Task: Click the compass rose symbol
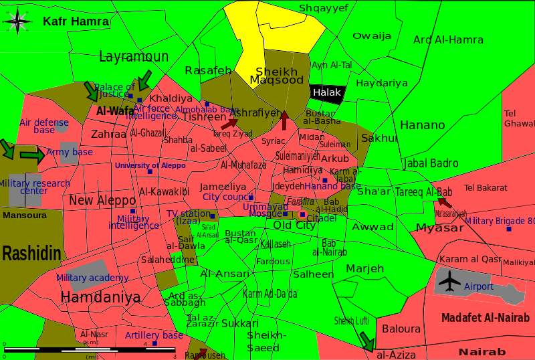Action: [18, 22]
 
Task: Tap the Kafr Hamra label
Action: [76, 21]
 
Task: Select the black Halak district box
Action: [327, 93]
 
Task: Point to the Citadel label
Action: [322, 218]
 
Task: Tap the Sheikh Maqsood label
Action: [276, 76]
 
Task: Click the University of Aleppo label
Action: [150, 165]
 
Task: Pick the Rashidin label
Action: [31, 254]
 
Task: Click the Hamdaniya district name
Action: [100, 297]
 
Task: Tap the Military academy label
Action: [92, 278]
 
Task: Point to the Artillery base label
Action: [154, 335]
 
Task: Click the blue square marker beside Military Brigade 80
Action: [509, 229]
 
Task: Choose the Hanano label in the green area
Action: [422, 125]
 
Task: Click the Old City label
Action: [294, 226]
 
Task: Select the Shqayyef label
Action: [324, 8]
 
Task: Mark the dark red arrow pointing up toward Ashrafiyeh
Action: [284, 120]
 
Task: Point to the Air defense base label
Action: [44, 126]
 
